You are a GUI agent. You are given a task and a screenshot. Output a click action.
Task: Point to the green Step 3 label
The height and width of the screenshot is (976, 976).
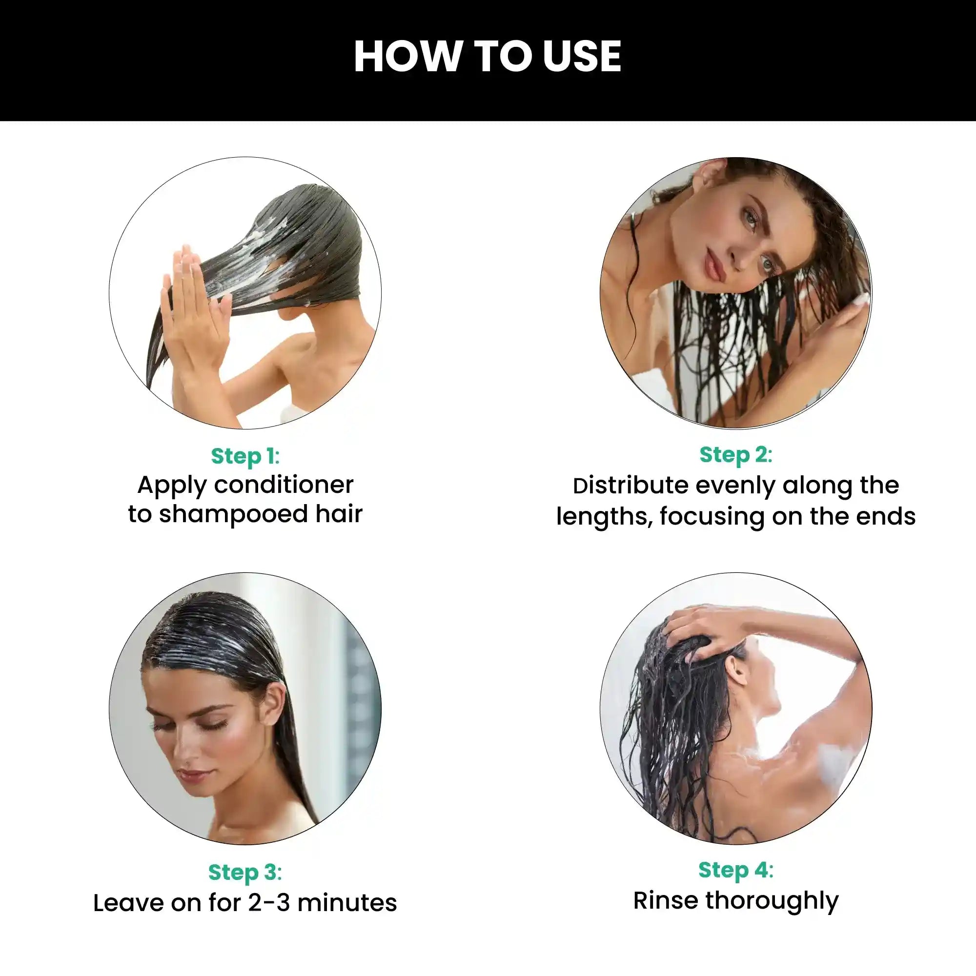click(x=245, y=873)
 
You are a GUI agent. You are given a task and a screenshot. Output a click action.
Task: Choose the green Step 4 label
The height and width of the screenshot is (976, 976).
click(x=735, y=871)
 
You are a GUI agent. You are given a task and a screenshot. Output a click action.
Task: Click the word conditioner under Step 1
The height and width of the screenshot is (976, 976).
click(x=284, y=486)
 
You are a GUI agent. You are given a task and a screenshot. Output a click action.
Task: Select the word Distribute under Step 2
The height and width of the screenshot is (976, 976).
click(x=631, y=486)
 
